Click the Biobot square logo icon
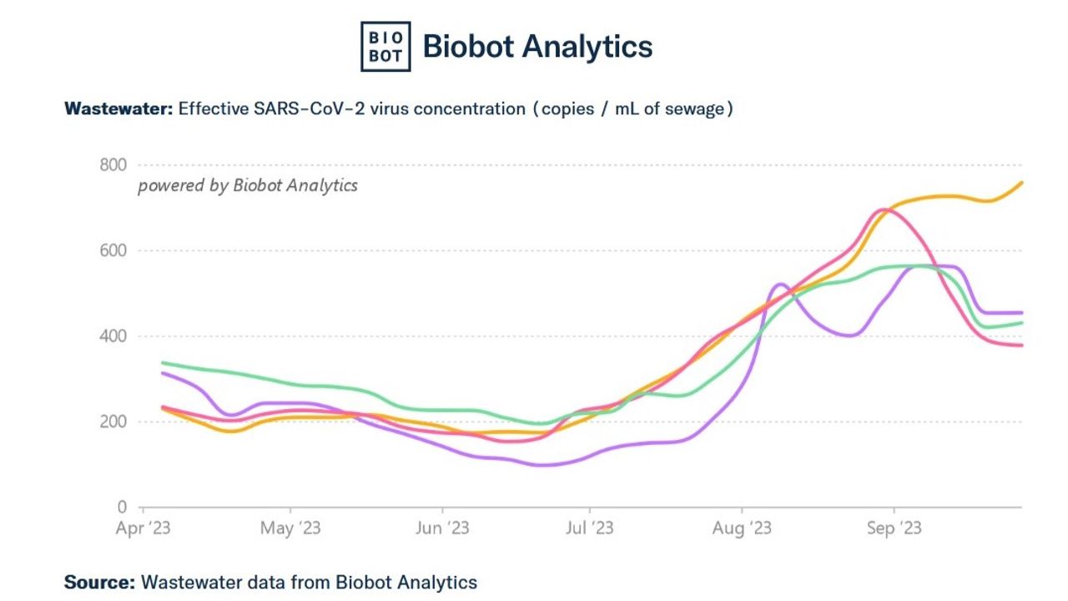tap(385, 47)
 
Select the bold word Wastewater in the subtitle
tap(118, 109)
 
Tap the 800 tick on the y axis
tap(113, 165)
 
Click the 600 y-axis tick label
tap(113, 251)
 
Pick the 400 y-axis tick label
tap(113, 336)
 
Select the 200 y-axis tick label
tap(113, 422)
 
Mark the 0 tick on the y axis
tap(122, 508)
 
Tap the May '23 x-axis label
tap(290, 528)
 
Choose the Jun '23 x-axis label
tap(441, 528)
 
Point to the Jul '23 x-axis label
tap(590, 528)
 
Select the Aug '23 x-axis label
tap(742, 528)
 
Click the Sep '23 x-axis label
tap(894, 528)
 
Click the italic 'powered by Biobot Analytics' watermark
tap(248, 185)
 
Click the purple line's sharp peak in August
tap(780, 285)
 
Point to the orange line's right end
tap(1022, 182)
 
